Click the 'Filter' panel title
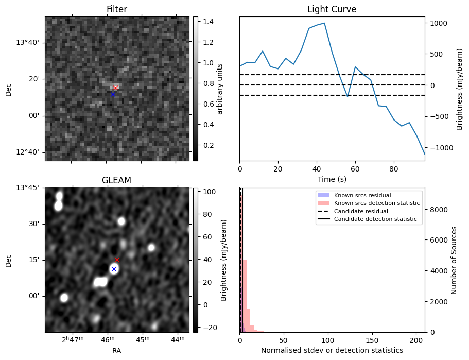click(x=116, y=9)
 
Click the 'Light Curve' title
click(x=332, y=9)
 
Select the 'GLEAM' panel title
click(x=116, y=180)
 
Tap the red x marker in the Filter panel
click(x=115, y=88)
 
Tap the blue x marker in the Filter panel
click(x=113, y=94)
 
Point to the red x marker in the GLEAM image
click(x=117, y=260)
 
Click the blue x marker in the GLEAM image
click(x=114, y=269)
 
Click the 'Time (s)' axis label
click(x=332, y=179)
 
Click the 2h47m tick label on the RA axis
click(x=73, y=340)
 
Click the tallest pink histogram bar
click(x=245, y=296)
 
